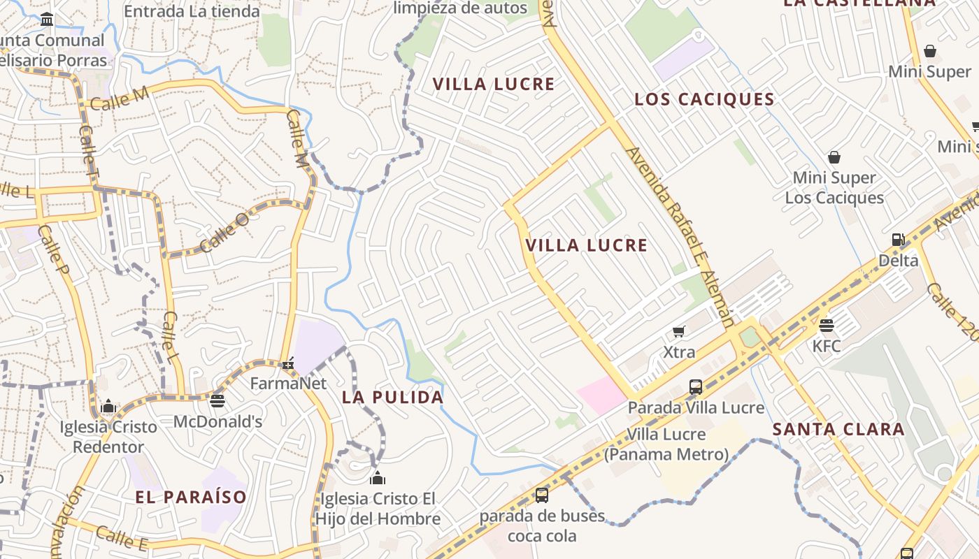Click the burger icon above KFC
pyautogui.click(x=827, y=325)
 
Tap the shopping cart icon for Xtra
pyautogui.click(x=678, y=331)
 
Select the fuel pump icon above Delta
pyautogui.click(x=898, y=240)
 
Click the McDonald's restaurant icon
pyautogui.click(x=217, y=400)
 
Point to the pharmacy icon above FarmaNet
pyautogui.click(x=288, y=363)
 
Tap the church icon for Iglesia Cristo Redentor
pyautogui.click(x=108, y=407)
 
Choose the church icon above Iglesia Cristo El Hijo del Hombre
pyautogui.click(x=378, y=478)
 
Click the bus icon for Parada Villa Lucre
pyautogui.click(x=695, y=386)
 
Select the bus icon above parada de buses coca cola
pyautogui.click(x=541, y=495)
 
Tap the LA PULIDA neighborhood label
pyautogui.click(x=392, y=398)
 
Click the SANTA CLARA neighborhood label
pyautogui.click(x=838, y=430)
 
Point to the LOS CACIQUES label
pyautogui.click(x=704, y=99)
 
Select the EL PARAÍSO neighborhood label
pyautogui.click(x=191, y=498)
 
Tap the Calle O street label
pyautogui.click(x=224, y=233)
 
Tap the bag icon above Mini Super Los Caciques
pyautogui.click(x=834, y=157)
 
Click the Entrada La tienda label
pyautogui.click(x=192, y=11)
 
